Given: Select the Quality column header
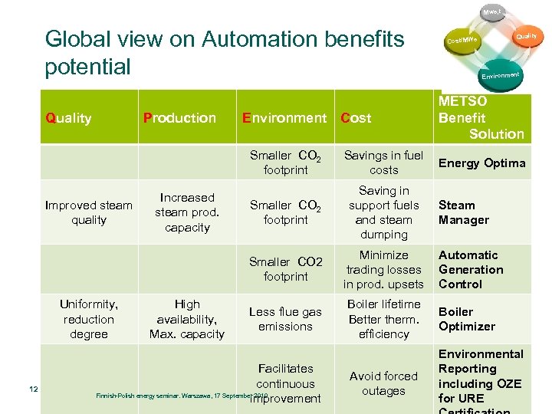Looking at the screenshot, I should (x=69, y=118).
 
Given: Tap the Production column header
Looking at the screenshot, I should (x=179, y=118).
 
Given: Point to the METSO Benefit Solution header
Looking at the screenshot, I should (x=481, y=117).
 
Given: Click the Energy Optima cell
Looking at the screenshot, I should (x=481, y=163).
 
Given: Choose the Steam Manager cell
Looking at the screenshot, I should (x=463, y=212).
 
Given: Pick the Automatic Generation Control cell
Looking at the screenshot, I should (x=471, y=269).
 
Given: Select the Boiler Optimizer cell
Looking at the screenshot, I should (x=467, y=319).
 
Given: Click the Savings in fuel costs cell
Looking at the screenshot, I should (x=383, y=163).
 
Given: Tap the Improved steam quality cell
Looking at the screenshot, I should (x=89, y=212).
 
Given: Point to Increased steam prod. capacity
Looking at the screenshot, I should (x=187, y=212).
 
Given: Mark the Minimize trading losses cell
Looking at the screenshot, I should (x=383, y=269).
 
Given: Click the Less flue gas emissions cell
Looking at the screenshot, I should (x=285, y=319).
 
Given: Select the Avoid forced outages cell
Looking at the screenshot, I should (x=383, y=383).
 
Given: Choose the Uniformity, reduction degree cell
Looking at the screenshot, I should (x=89, y=319).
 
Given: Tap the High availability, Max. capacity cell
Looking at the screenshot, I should (x=187, y=319).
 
